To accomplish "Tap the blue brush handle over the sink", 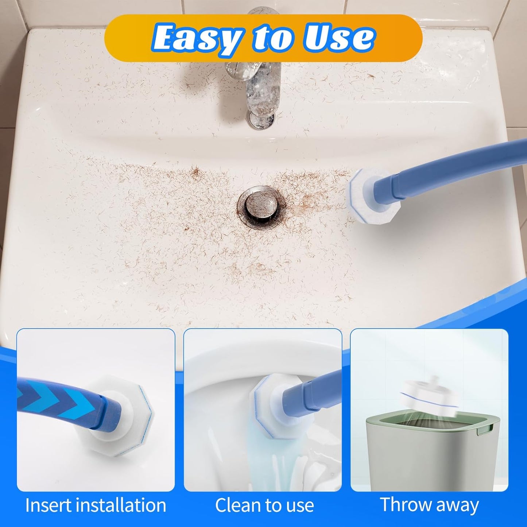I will tap(456, 166).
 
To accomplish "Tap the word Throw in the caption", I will tap(404, 505).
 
